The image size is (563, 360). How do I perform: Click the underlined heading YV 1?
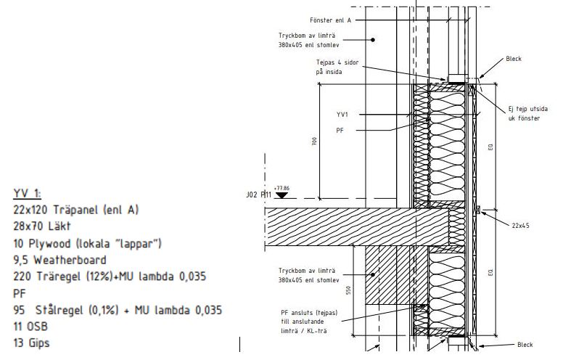point(28,193)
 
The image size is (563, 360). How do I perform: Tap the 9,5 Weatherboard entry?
point(60,259)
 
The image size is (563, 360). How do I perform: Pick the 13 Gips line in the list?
point(32,343)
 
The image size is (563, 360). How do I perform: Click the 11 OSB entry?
point(31,326)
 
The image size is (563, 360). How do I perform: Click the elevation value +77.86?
point(282,187)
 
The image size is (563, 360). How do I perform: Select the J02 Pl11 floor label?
point(259,195)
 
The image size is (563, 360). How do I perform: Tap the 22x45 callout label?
point(519,226)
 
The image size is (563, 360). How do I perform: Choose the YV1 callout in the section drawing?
point(342,115)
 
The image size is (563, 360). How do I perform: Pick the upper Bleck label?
point(514,59)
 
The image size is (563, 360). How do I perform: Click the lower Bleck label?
point(525,345)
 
